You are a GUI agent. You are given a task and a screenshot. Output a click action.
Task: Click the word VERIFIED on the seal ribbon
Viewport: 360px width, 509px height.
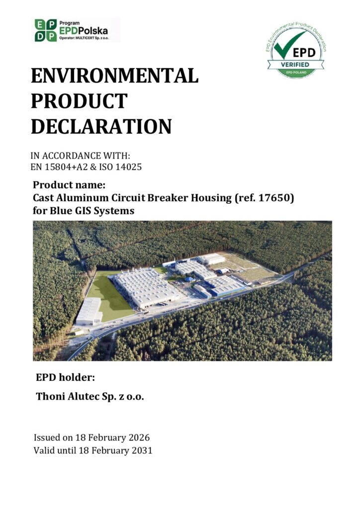295,64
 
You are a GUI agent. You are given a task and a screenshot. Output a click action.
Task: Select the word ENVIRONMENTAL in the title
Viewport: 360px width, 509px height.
114,76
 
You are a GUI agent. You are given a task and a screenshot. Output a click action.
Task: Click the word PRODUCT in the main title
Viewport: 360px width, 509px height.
79,101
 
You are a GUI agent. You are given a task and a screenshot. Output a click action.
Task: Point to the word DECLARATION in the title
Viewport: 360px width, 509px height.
101,126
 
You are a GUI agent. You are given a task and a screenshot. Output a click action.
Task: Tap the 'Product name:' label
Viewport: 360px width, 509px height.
69,185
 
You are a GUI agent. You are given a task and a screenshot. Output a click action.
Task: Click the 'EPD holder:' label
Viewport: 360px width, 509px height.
65,378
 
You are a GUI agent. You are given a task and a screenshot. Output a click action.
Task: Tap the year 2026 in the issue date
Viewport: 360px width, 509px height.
139,437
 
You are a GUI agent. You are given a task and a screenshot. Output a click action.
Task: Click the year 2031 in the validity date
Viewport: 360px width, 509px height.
142,450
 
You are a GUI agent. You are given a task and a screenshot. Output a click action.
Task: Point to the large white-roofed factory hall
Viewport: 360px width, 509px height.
146,287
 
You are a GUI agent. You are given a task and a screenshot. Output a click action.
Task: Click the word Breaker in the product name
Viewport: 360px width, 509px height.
168,198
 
